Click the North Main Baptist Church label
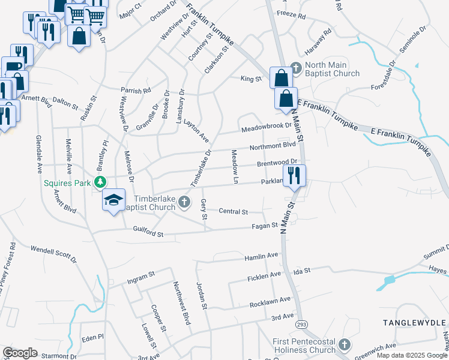[x=332, y=70]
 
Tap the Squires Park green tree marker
[x=102, y=182]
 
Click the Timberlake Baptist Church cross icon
[x=185, y=202]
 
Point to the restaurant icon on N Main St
[x=294, y=176]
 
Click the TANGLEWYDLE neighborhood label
[x=414, y=323]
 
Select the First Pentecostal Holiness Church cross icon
[x=344, y=345]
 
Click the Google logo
[x=20, y=353]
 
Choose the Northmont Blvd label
[x=273, y=145]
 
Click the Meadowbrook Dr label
[x=266, y=128]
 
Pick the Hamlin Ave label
[x=261, y=256]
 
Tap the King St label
[x=252, y=79]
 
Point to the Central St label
[x=234, y=212]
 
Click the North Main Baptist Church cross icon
[x=295, y=66]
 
